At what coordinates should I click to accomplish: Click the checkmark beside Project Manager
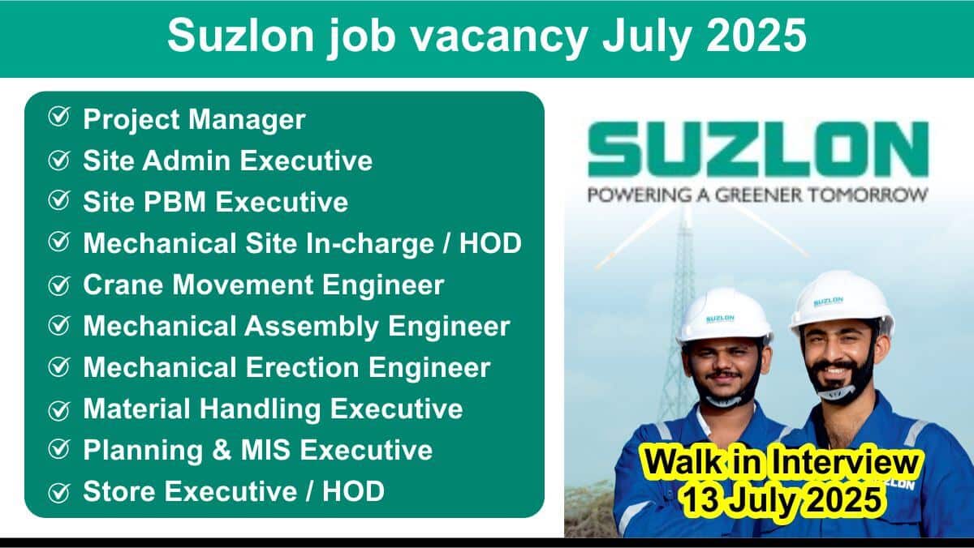pyautogui.click(x=58, y=117)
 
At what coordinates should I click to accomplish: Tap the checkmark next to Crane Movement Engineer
pyautogui.click(x=58, y=285)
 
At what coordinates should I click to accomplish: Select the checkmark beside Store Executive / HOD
pyautogui.click(x=58, y=492)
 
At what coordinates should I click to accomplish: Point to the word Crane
pyautogui.click(x=124, y=285)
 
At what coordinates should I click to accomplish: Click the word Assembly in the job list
pyautogui.click(x=312, y=326)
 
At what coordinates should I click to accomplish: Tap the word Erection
pyautogui.click(x=303, y=367)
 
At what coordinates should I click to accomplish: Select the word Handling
pyautogui.click(x=260, y=409)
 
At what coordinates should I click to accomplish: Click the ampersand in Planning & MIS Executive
pyautogui.click(x=222, y=450)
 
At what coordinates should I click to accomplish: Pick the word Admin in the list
pyautogui.click(x=186, y=161)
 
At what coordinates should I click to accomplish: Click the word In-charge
pyautogui.click(x=369, y=243)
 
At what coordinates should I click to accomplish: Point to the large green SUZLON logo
pyautogui.click(x=758, y=149)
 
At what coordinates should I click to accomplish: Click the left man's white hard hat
pyautogui.click(x=724, y=315)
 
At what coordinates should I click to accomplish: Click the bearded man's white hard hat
pyautogui.click(x=842, y=302)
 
